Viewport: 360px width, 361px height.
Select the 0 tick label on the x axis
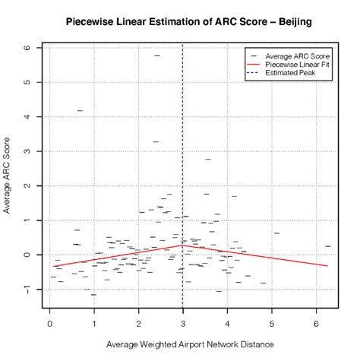click(50, 322)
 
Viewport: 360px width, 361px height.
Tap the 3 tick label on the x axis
click(183, 322)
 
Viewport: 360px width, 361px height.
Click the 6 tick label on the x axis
click(316, 322)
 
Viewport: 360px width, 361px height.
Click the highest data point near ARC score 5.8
click(157, 55)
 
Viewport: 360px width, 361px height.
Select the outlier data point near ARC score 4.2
click(80, 111)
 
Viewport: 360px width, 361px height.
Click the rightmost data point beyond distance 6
click(327, 246)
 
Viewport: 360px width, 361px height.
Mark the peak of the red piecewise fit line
click(182, 245)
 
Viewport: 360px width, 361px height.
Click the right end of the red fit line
click(327, 266)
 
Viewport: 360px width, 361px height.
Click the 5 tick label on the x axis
click(272, 322)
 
